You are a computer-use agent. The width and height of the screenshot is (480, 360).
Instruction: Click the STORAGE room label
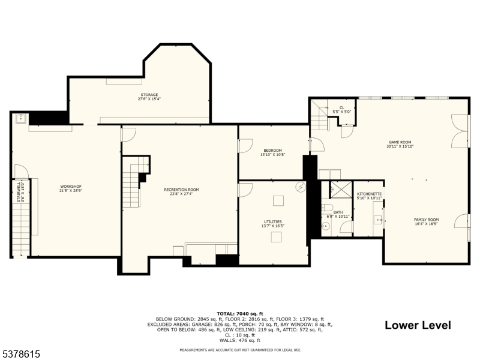149,95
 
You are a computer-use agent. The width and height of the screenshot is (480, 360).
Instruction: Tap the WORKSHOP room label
70,187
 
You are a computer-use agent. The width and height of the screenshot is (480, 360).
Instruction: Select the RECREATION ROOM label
181,190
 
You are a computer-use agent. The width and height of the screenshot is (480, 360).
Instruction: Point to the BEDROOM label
272,151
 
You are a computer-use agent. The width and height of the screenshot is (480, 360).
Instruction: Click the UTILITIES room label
272,222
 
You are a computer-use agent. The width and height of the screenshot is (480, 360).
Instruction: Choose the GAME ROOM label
400,142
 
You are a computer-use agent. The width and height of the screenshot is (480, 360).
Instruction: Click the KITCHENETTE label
369,194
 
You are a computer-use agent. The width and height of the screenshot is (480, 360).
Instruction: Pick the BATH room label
338,212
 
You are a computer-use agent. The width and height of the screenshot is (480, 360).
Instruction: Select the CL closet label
341,108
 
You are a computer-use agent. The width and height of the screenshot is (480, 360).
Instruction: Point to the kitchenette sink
379,220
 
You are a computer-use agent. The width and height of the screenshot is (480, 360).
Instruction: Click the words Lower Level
418,325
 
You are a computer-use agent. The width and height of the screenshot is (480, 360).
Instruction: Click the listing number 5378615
21,354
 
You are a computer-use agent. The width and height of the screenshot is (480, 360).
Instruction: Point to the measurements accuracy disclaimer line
239,350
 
